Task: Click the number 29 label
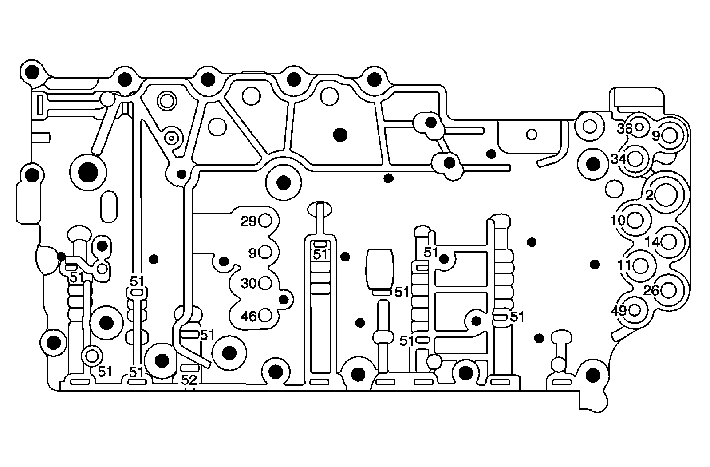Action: click(x=248, y=221)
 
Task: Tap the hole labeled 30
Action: click(x=265, y=282)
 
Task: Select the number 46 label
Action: click(x=248, y=316)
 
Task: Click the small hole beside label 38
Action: click(x=639, y=127)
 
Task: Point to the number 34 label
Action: click(x=618, y=158)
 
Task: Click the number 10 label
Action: click(x=618, y=220)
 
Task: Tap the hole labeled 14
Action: click(x=669, y=242)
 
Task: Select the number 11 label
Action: click(x=624, y=265)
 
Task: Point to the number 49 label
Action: click(x=619, y=310)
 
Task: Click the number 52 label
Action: click(x=189, y=380)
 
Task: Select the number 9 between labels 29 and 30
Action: click(x=252, y=253)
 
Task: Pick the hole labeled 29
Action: click(x=265, y=220)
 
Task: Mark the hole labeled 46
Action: click(x=265, y=316)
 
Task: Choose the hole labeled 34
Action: click(x=635, y=158)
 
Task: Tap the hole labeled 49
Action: click(x=635, y=309)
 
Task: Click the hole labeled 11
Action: click(x=640, y=265)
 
